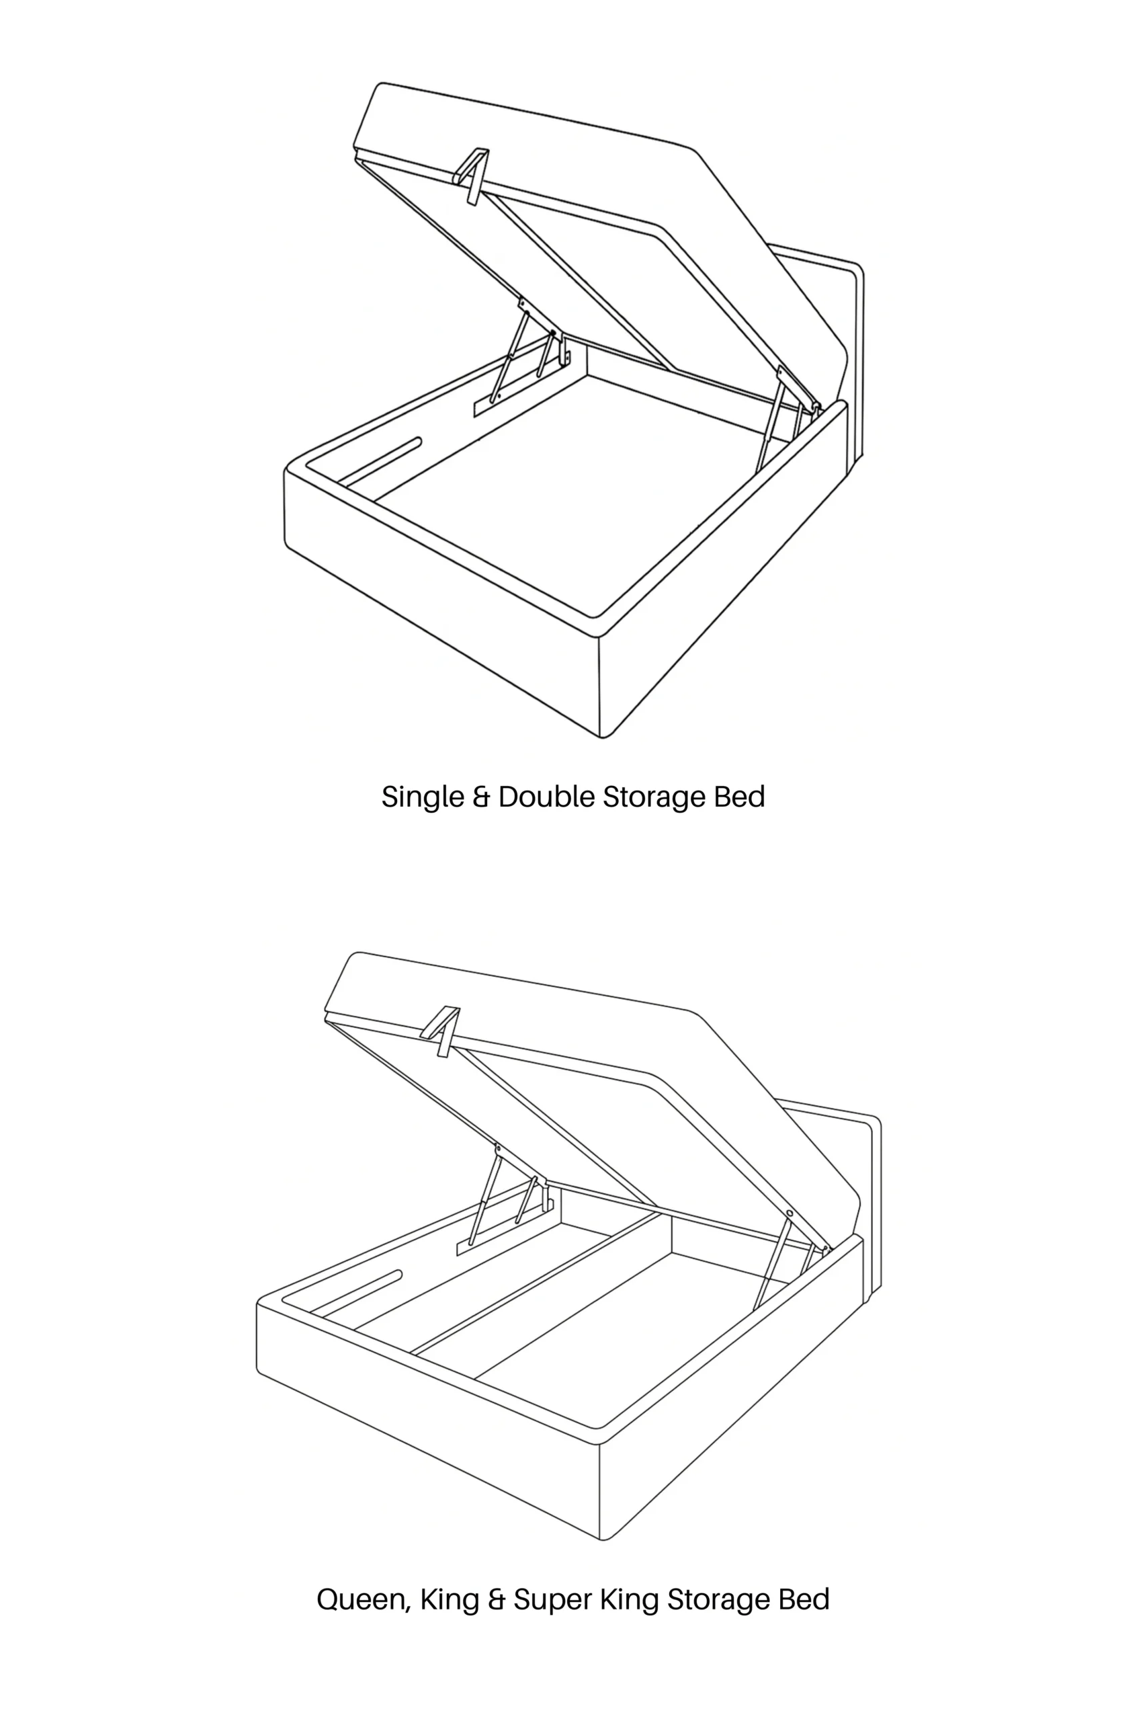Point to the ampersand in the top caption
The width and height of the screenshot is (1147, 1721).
(x=481, y=796)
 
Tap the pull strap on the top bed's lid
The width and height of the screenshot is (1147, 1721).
(x=472, y=176)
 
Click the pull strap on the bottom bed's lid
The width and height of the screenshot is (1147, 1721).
(x=441, y=1032)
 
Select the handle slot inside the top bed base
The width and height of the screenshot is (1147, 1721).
(x=380, y=463)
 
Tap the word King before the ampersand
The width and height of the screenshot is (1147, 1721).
(x=450, y=1600)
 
